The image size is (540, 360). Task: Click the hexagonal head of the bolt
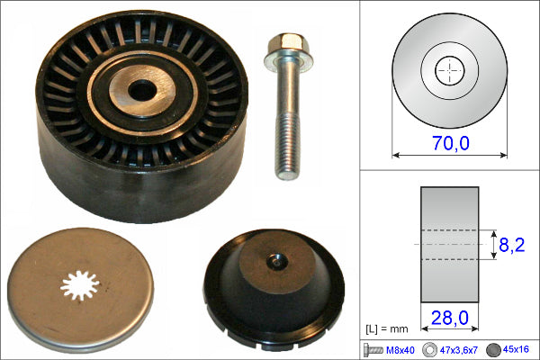tap(289, 44)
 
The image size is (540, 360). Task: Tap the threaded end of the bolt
tap(287, 145)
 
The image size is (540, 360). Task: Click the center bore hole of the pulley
tap(142, 90)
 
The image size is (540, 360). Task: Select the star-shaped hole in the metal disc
tap(80, 285)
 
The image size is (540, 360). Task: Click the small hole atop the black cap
tap(277, 261)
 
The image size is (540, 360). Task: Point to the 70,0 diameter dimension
tap(451, 143)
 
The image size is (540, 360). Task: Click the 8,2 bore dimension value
tap(512, 245)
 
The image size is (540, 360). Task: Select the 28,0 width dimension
tap(450, 318)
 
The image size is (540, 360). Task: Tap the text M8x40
tap(400, 350)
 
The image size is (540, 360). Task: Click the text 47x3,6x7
tap(458, 350)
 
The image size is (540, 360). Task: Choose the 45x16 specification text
tap(516, 349)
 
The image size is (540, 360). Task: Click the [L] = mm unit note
tap(386, 329)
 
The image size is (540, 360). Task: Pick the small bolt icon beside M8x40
tap(373, 350)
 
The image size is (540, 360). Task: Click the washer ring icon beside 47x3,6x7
tap(429, 350)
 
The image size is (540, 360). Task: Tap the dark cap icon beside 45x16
tap(493, 350)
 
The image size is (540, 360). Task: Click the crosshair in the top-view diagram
tap(450, 71)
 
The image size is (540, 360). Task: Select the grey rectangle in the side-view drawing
tap(450, 245)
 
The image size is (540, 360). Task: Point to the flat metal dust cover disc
tap(80, 290)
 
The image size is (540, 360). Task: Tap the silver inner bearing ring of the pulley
tap(142, 91)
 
